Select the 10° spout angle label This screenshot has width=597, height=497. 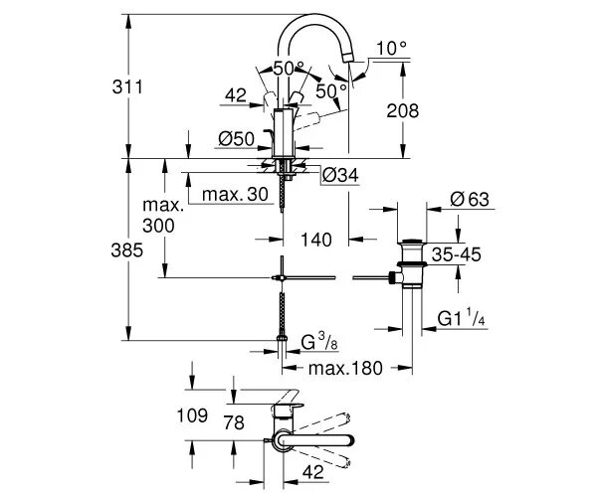point(391,47)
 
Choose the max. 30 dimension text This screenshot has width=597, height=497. point(236,194)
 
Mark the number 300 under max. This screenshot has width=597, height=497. point(157,227)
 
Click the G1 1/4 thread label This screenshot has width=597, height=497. point(464,318)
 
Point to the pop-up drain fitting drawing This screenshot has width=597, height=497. point(409,264)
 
